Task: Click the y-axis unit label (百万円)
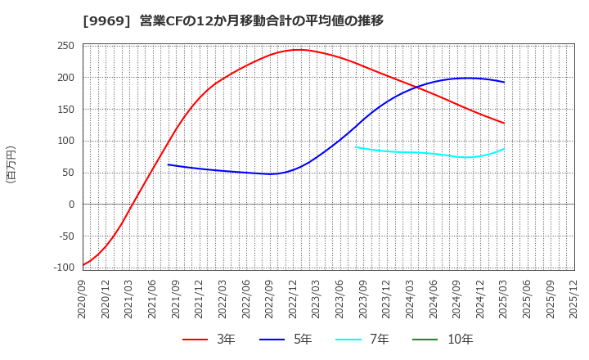coord(11,164)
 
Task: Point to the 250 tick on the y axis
coord(65,46)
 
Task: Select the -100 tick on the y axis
coord(63,268)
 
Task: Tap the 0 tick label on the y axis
coord(71,205)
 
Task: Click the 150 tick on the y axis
coord(65,109)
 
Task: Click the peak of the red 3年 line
coord(299,50)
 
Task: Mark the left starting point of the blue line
coord(169,164)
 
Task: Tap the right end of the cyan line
coord(504,149)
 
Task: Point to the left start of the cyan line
coord(356,147)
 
